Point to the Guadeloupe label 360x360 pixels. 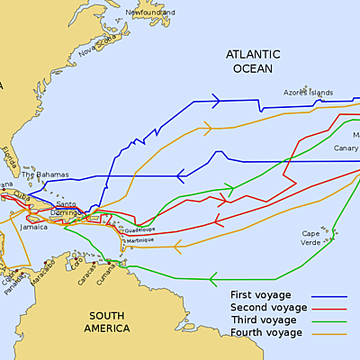point(140,230)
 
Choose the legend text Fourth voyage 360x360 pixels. point(265,332)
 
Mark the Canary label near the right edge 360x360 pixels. point(344,148)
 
